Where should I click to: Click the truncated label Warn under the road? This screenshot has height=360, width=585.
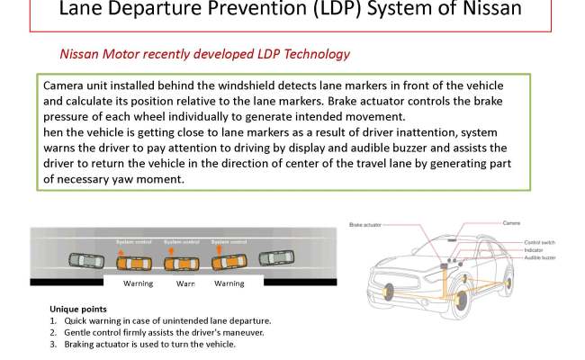[x=185, y=283]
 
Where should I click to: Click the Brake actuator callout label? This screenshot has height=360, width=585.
[x=364, y=224]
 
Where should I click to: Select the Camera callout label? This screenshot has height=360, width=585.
[x=511, y=222]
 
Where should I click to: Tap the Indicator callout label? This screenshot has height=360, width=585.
[x=536, y=250]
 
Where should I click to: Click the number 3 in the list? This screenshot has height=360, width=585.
[x=53, y=344]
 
